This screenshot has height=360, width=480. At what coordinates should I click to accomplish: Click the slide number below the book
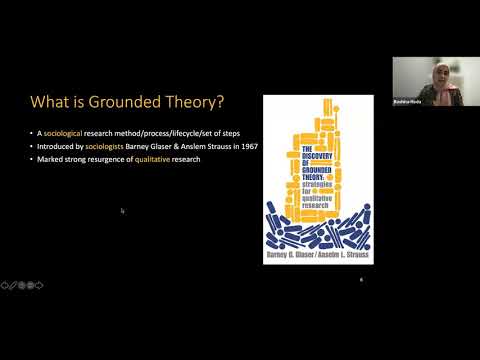[x=361, y=282]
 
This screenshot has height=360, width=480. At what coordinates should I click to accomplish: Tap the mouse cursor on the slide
[x=122, y=211]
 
